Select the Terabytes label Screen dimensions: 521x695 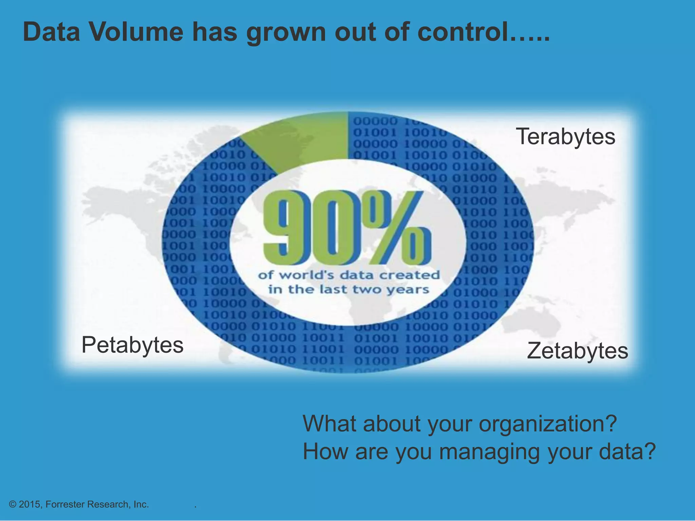click(x=565, y=136)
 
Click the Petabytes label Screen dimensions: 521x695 click(x=132, y=345)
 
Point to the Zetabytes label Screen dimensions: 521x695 click(x=577, y=351)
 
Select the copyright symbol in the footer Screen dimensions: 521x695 click(x=13, y=504)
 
